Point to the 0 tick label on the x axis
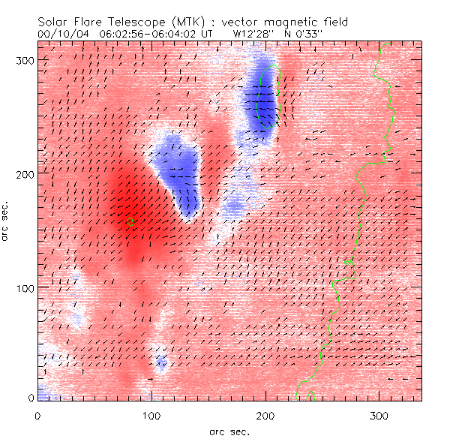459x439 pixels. pyautogui.click(x=37, y=414)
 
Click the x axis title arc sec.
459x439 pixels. pyautogui.click(x=228, y=431)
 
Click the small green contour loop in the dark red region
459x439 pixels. pyautogui.click(x=130, y=221)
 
